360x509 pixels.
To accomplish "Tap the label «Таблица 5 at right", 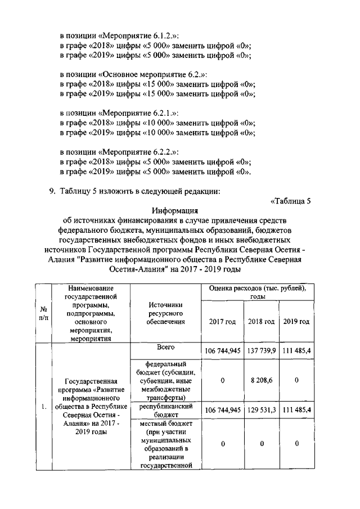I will click(x=291, y=200).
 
